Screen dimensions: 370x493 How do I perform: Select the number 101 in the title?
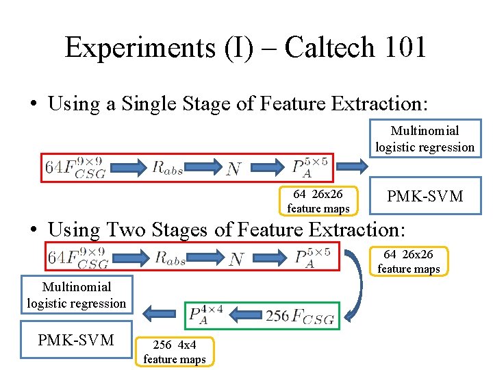(405, 48)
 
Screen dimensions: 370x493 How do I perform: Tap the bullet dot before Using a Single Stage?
(33, 105)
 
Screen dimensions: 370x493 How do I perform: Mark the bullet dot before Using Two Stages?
(33, 229)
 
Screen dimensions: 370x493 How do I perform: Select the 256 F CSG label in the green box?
(299, 316)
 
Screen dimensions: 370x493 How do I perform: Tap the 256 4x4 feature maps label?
(175, 352)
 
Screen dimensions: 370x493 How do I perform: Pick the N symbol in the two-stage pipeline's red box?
(236, 258)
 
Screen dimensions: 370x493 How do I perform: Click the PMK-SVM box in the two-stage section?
(76, 341)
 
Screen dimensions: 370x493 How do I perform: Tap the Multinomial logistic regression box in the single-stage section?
(425, 139)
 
